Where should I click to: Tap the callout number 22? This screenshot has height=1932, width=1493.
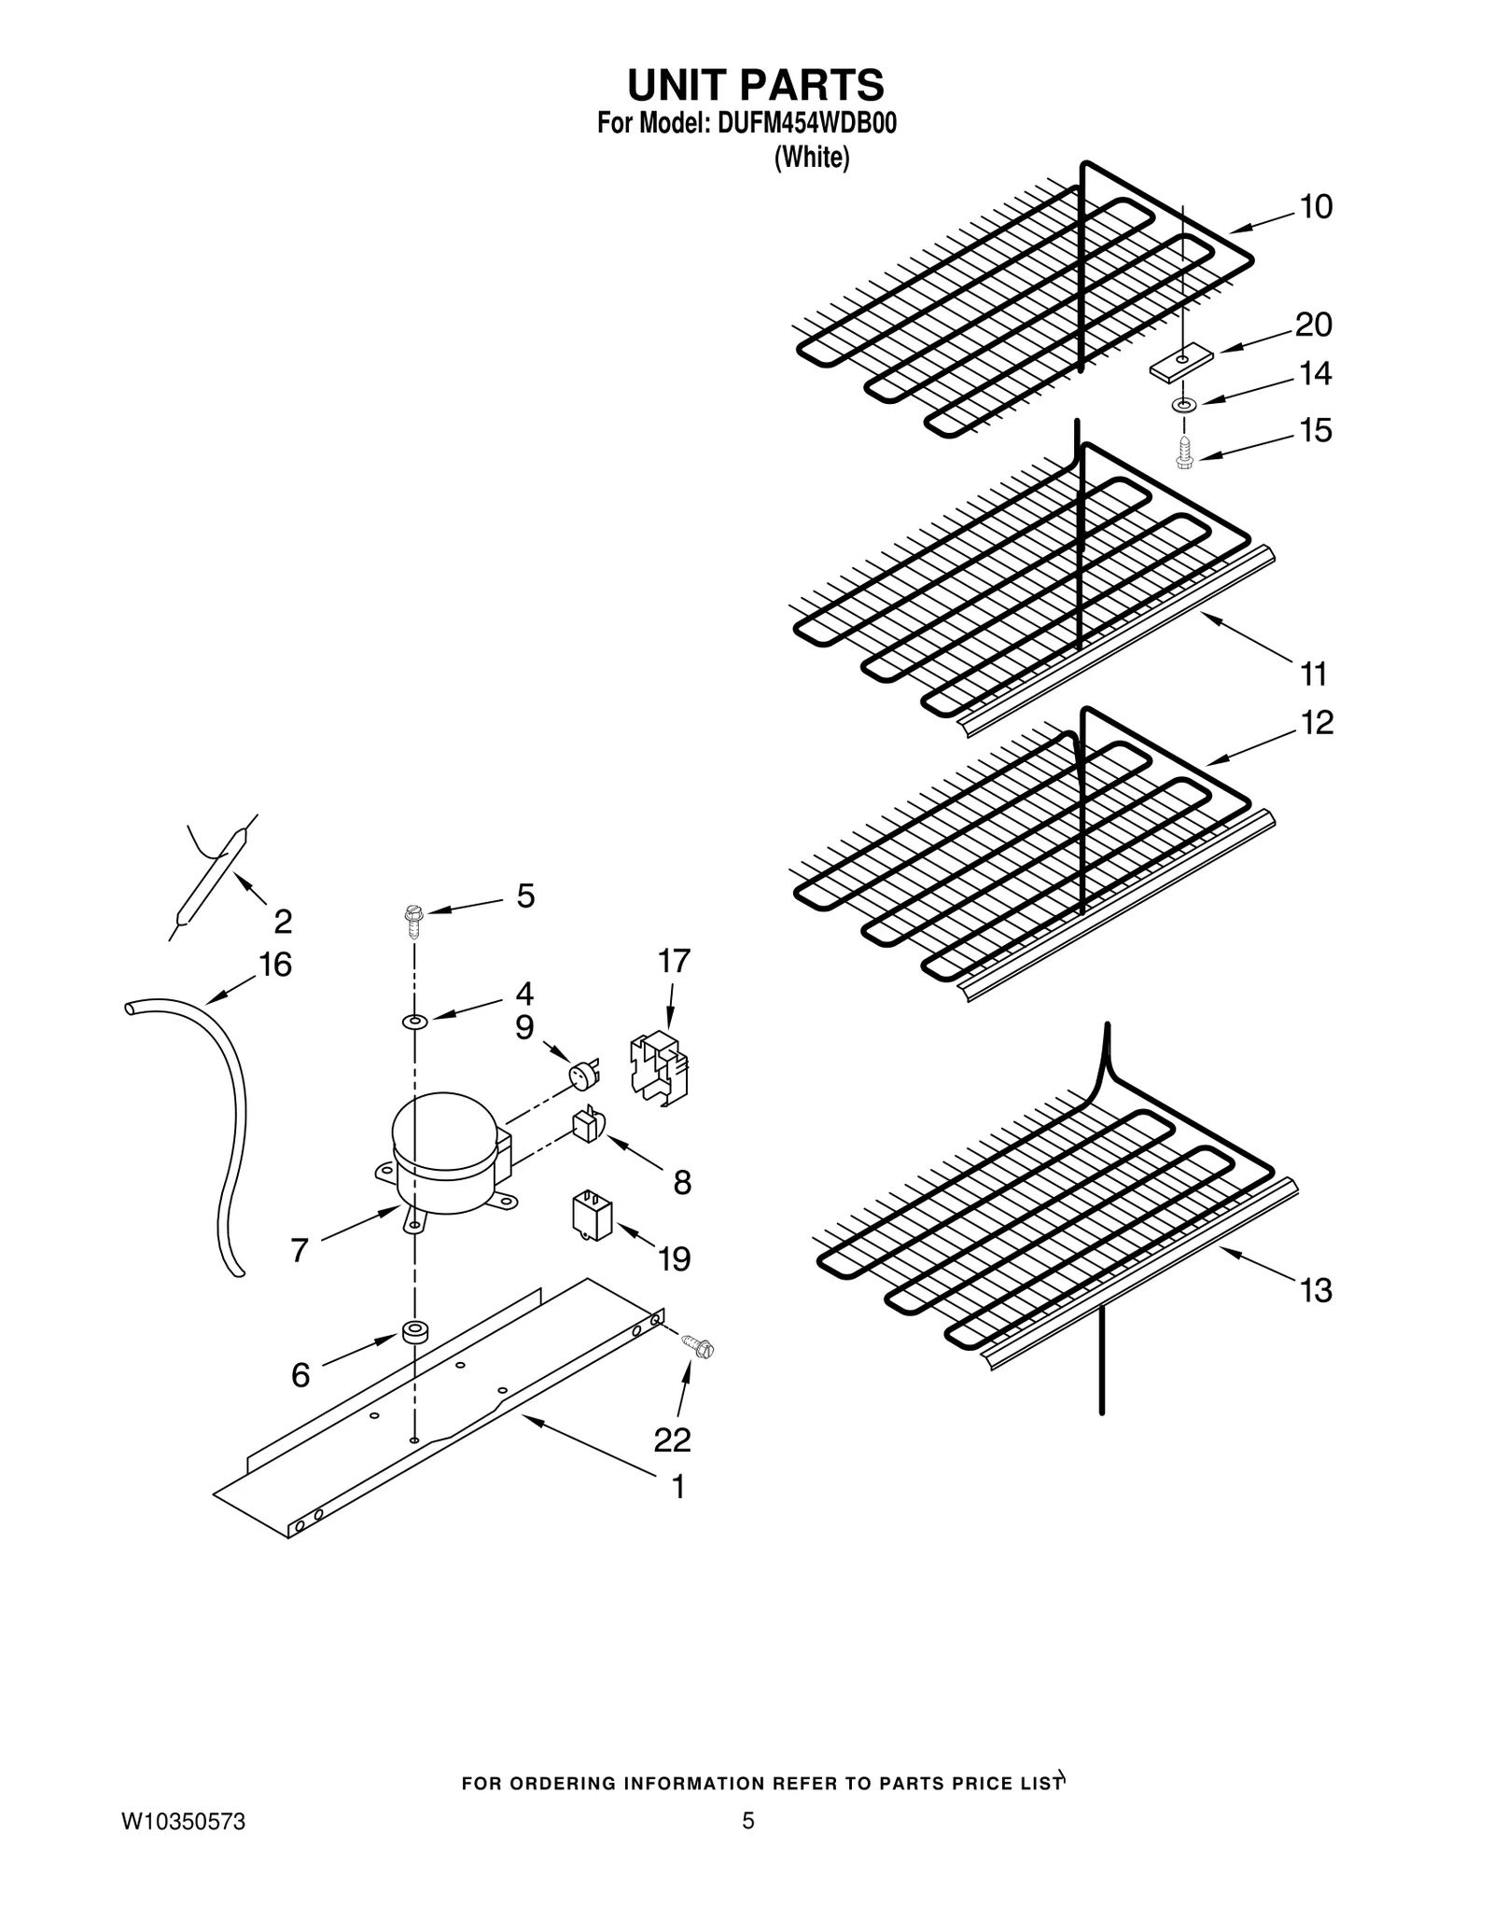(x=672, y=1439)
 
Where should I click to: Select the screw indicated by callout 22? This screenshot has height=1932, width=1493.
(x=697, y=1346)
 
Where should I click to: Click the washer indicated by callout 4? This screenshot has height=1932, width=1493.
(x=414, y=1022)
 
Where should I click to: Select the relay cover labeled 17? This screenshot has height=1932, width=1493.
(x=660, y=1067)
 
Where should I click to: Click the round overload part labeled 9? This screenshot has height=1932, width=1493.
(x=584, y=1076)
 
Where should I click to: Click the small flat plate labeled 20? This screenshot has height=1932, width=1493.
(x=1181, y=364)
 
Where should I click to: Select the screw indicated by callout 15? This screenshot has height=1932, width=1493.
(x=1184, y=453)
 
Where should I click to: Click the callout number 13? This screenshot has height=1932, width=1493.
(x=1316, y=1292)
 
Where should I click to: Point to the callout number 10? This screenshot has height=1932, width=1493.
(x=1316, y=207)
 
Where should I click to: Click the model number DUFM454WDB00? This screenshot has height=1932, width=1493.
(x=806, y=125)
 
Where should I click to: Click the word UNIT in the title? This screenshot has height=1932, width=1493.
(x=677, y=86)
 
